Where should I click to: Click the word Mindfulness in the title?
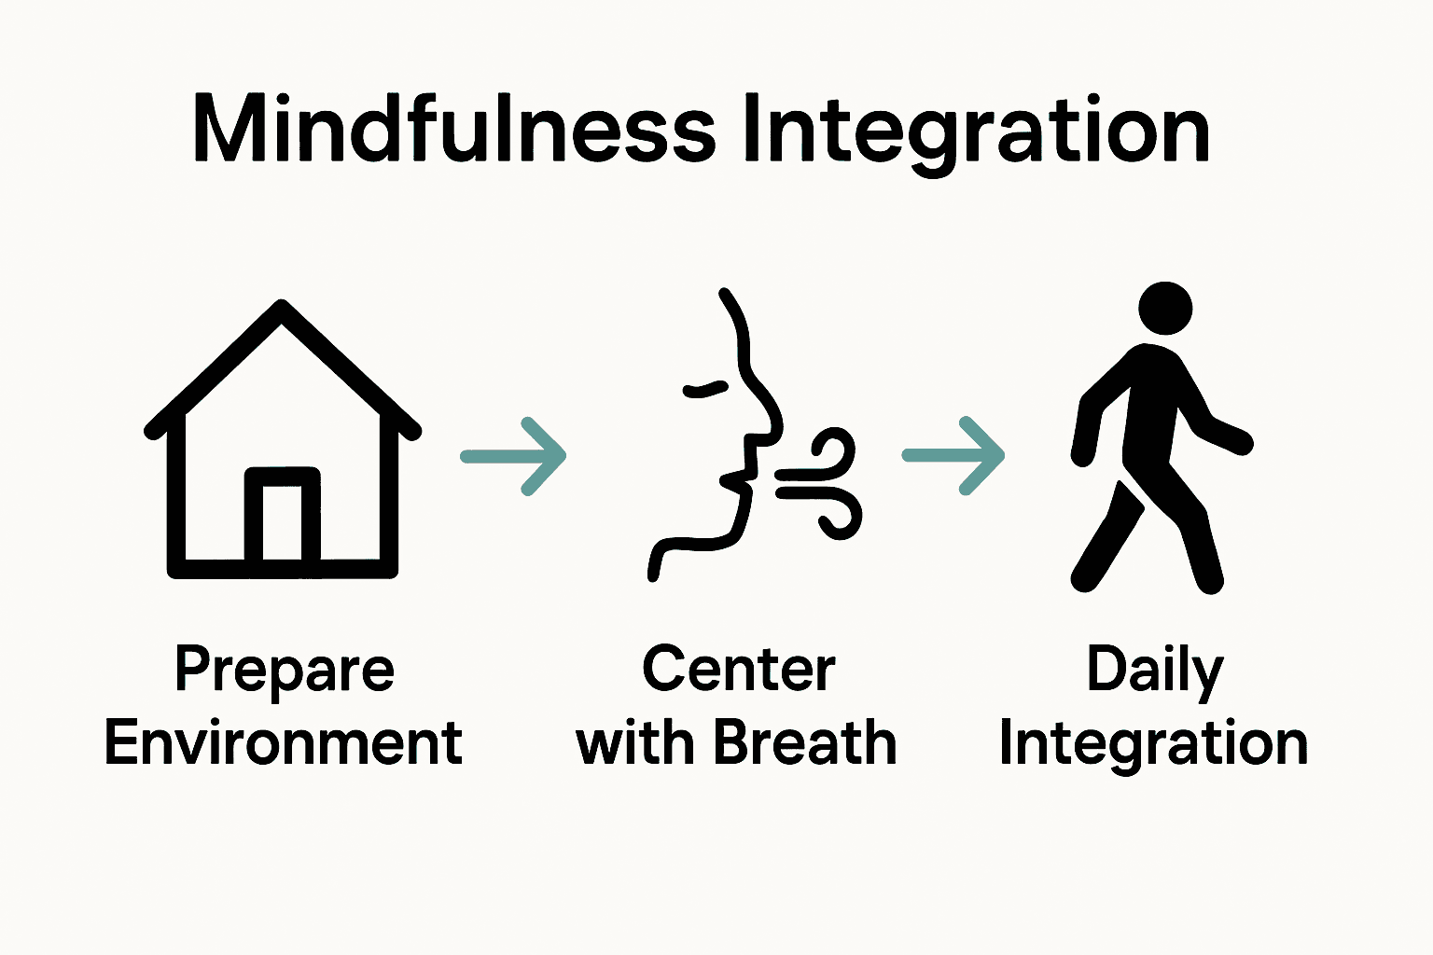point(453,131)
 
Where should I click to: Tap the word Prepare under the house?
point(285,671)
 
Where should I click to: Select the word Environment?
point(284,743)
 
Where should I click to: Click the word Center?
point(738,670)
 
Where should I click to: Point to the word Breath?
point(804,743)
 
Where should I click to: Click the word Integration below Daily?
point(1153,744)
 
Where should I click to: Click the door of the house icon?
point(282,520)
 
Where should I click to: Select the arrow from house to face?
point(514,456)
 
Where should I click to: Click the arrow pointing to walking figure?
point(953,455)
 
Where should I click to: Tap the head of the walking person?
point(1165,309)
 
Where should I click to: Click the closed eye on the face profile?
point(705,389)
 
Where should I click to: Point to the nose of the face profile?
point(772,420)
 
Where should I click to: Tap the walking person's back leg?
point(1106,541)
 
